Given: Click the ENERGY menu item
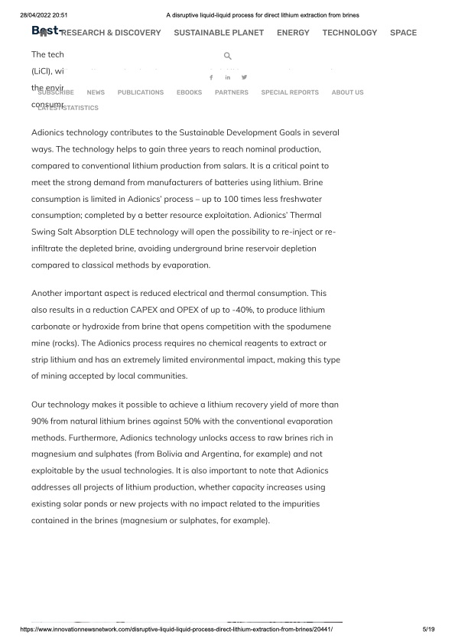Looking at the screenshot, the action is click(293, 33).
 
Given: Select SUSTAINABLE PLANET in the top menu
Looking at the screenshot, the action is click(219, 33).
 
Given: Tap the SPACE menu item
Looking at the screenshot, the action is click(403, 33).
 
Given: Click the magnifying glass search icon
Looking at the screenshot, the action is click(227, 57).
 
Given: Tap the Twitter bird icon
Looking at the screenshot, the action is click(244, 77).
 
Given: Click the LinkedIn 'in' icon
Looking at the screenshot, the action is click(227, 77).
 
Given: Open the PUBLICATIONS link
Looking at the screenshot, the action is click(141, 93).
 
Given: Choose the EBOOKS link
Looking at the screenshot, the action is click(189, 93).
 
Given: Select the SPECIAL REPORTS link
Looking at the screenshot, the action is click(290, 93).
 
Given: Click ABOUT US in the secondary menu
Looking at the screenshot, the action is click(347, 93).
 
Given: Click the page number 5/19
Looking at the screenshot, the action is click(428, 629).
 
